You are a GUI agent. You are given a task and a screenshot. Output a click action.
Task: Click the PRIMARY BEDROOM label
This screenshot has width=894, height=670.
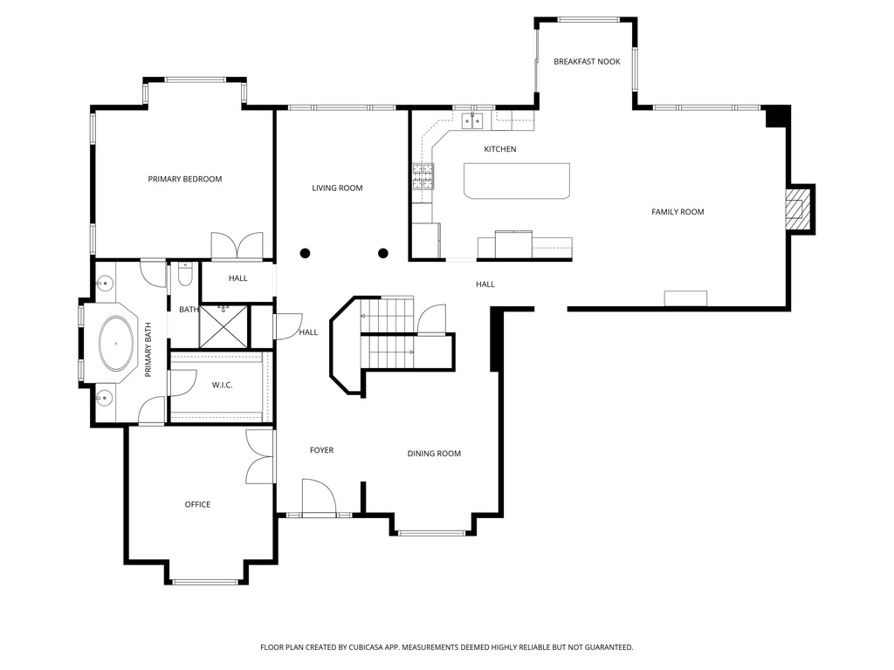tap(184, 179)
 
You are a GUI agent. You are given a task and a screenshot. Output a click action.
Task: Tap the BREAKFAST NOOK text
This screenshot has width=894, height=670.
tap(587, 61)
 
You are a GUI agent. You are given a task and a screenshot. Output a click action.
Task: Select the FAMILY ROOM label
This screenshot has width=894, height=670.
tap(677, 212)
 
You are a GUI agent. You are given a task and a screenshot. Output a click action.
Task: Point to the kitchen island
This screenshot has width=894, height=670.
tap(516, 181)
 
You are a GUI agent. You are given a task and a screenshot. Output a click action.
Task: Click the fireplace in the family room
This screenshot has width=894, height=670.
tap(795, 209)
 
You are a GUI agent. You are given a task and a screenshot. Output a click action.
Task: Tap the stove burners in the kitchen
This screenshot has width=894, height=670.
tap(423, 177)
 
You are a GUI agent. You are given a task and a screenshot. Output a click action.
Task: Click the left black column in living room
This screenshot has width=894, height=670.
tap(305, 254)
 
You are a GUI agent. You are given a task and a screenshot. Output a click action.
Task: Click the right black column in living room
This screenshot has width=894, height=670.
tap(382, 254)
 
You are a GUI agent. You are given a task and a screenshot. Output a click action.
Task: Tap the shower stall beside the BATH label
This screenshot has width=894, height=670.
tap(224, 326)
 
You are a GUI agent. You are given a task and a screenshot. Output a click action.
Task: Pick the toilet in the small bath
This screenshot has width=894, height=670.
tap(184, 276)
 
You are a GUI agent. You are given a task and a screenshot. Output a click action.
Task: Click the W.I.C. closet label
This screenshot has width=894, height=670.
tap(223, 385)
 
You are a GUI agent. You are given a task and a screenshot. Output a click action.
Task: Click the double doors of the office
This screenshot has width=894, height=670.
tap(260, 457)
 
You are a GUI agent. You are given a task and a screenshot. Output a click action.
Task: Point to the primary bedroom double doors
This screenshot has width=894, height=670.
tap(237, 246)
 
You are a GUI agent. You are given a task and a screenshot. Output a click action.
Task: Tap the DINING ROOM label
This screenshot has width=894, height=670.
tap(434, 454)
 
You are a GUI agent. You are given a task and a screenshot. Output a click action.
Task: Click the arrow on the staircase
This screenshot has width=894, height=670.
tap(410, 352)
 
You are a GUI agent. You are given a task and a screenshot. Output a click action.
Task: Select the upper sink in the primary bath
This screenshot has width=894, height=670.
tap(104, 284)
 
